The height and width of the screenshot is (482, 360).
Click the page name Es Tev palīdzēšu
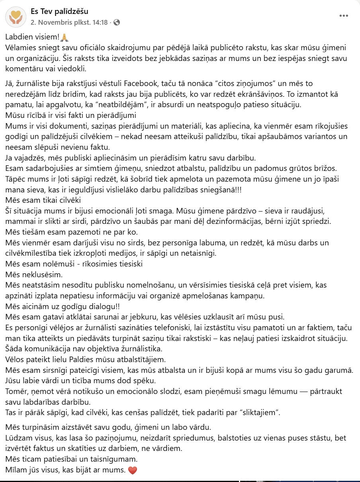pyautogui.click(x=59, y=12)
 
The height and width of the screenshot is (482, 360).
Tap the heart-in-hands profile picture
pyautogui.click(x=16, y=17)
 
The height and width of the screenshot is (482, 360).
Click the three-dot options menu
pyautogui.click(x=344, y=16)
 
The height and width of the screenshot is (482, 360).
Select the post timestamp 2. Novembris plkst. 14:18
pyautogui.click(x=69, y=22)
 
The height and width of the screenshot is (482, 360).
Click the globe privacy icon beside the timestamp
pyautogui.click(x=117, y=22)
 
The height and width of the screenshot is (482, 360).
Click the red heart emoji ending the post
pyautogui.click(x=133, y=470)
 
